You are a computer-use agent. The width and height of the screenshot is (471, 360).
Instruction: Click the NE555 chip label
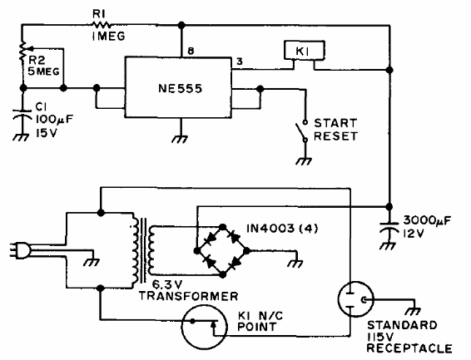pyautogui.click(x=180, y=88)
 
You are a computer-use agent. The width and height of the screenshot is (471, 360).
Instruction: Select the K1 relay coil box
pyautogui.click(x=305, y=51)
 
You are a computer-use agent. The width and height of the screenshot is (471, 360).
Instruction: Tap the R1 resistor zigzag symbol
pyautogui.click(x=101, y=25)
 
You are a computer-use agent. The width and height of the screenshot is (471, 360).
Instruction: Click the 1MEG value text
pyautogui.click(x=109, y=37)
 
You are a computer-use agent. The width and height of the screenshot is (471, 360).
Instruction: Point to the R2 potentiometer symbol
pyautogui.click(x=22, y=52)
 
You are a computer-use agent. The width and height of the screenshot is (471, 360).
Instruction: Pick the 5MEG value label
pyautogui.click(x=43, y=72)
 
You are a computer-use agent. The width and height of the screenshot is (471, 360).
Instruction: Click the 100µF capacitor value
pyautogui.click(x=54, y=120)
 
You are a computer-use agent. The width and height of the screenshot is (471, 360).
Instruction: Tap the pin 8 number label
pyautogui.click(x=191, y=51)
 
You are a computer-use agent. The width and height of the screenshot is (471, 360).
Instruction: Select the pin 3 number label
pyautogui.click(x=240, y=62)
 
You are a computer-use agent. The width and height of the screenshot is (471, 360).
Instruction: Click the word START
pyautogui.click(x=335, y=123)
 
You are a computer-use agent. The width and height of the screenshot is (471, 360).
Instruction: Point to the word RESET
pyautogui.click(x=336, y=136)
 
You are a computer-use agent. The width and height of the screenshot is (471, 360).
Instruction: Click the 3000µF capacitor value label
pyautogui.click(x=427, y=220)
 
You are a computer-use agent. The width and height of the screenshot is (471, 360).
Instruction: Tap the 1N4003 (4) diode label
pyautogui.click(x=282, y=229)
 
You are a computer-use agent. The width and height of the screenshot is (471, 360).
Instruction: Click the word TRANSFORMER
pyautogui.click(x=188, y=296)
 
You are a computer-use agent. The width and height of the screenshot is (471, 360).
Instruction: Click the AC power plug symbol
pyautogui.click(x=19, y=251)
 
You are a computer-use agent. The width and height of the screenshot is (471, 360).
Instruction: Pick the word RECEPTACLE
pyautogui.click(x=409, y=348)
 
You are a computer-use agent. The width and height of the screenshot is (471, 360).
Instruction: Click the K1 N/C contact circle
pyautogui.click(x=204, y=327)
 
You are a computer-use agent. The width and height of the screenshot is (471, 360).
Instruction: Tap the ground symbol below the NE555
pyautogui.click(x=181, y=139)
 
